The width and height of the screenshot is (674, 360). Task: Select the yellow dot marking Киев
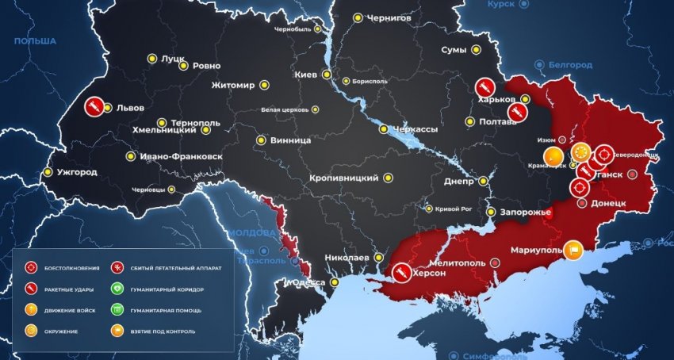coord(326,75)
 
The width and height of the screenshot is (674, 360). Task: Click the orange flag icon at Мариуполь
coord(574,250)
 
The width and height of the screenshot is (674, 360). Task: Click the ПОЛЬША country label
coord(35,40)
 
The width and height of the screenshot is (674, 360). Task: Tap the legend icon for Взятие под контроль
coord(117,331)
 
